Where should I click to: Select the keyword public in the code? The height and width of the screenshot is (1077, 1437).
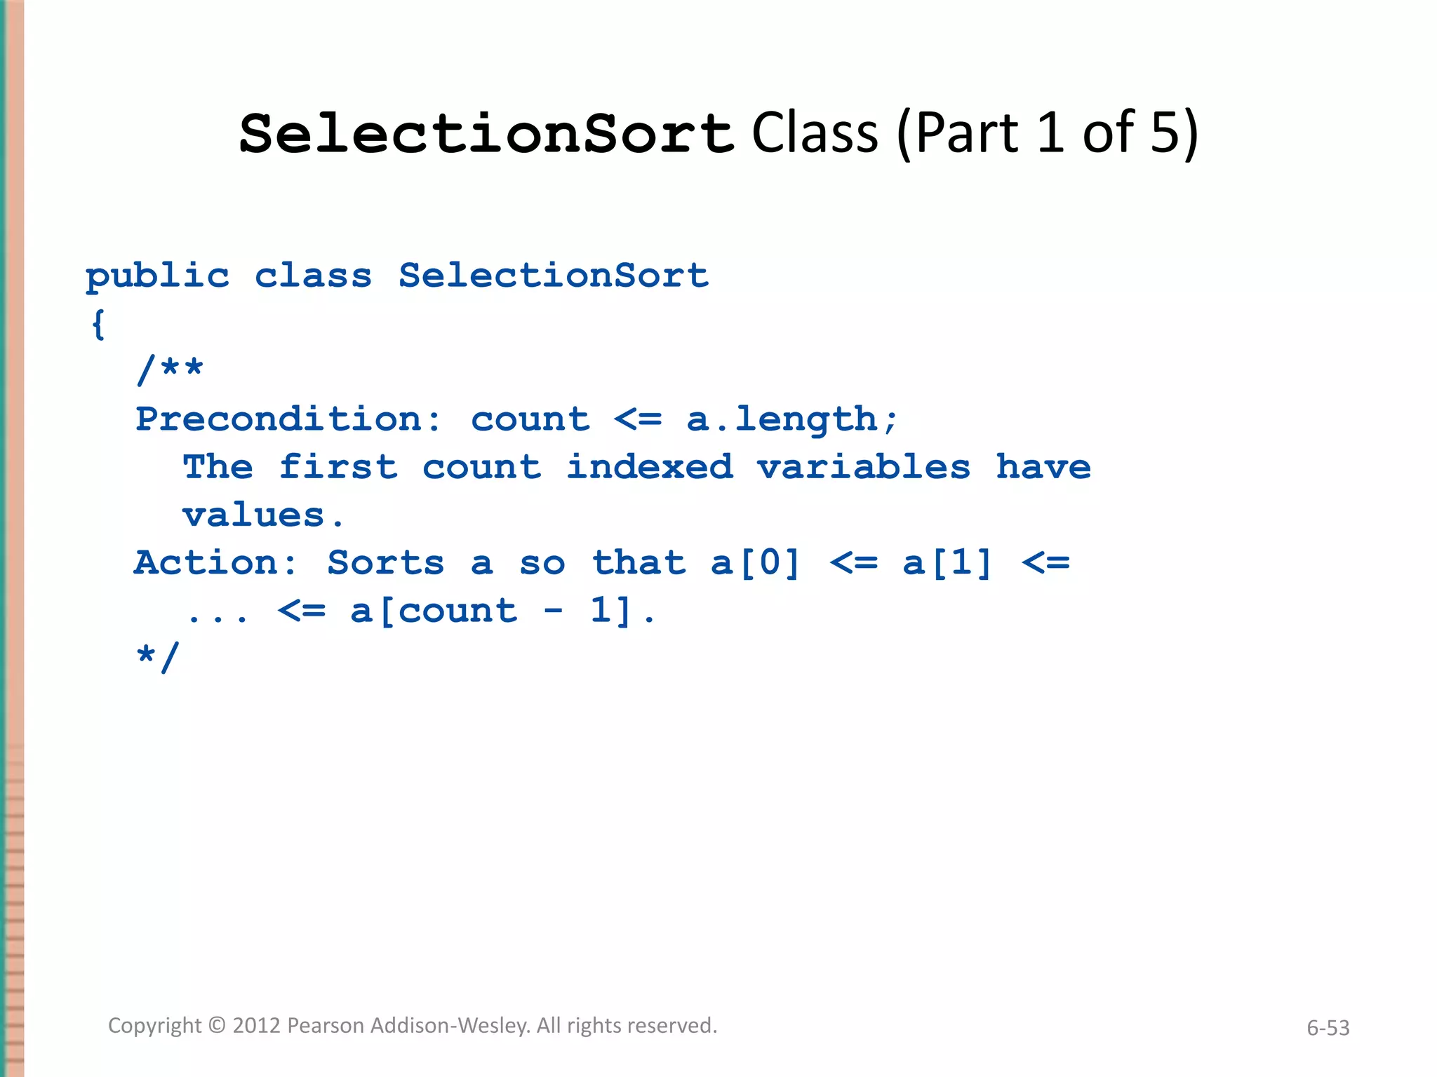tap(157, 276)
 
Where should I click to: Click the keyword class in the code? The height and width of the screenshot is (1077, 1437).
tap(313, 276)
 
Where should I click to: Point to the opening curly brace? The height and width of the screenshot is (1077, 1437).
tap(98, 324)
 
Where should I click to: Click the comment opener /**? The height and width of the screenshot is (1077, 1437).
tap(171, 370)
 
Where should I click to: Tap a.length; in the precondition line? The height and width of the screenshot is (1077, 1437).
tap(792, 419)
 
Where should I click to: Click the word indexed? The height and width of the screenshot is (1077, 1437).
tap(650, 467)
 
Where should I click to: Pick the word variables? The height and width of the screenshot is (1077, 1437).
tap(864, 467)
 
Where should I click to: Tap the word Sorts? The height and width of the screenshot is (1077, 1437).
tap(386, 563)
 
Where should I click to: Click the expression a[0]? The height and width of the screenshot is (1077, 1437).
tap(755, 563)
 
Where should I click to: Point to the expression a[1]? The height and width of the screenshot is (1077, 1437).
tap(947, 563)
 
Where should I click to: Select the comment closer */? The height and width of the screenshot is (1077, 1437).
tap(159, 657)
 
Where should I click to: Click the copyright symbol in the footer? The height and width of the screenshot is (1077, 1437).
tap(218, 1026)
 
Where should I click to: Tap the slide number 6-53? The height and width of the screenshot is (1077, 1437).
tap(1328, 1028)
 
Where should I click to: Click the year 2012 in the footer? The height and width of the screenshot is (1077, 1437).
tap(257, 1026)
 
